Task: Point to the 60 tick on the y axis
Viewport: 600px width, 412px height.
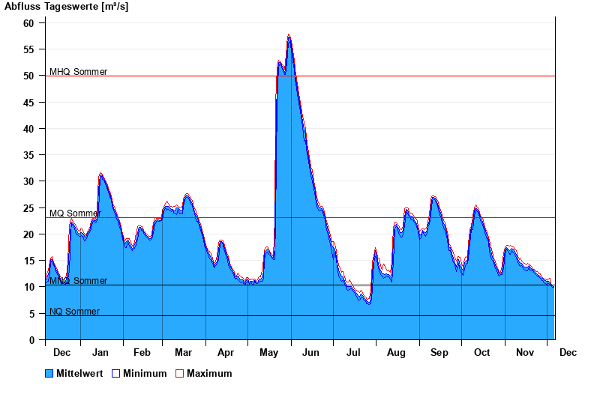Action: coord(28,23)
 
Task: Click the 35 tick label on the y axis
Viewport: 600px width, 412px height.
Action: coord(28,155)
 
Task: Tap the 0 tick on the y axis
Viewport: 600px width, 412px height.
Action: coord(31,340)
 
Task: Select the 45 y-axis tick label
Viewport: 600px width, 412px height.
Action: coord(28,102)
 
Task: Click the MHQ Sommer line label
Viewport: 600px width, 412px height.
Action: coord(79,72)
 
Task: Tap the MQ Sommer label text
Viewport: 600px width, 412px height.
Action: coord(75,213)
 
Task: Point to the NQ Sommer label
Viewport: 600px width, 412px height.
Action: coord(74,312)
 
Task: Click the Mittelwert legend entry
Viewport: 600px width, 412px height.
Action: coord(79,373)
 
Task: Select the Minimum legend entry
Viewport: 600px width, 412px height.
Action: coord(145,373)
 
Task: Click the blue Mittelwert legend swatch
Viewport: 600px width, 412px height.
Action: coord(49,373)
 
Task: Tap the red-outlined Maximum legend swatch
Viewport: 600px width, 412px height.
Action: coord(179,373)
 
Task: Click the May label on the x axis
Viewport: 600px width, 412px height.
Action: coord(268,352)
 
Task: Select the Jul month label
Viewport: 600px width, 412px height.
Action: coord(354,352)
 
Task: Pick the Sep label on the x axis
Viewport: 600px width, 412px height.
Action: coord(439,352)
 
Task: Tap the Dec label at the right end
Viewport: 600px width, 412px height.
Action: coord(568,352)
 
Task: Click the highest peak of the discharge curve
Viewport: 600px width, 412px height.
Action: coord(289,34)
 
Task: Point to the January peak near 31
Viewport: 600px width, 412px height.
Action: coord(100,174)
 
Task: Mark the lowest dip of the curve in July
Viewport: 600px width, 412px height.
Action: coord(369,303)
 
